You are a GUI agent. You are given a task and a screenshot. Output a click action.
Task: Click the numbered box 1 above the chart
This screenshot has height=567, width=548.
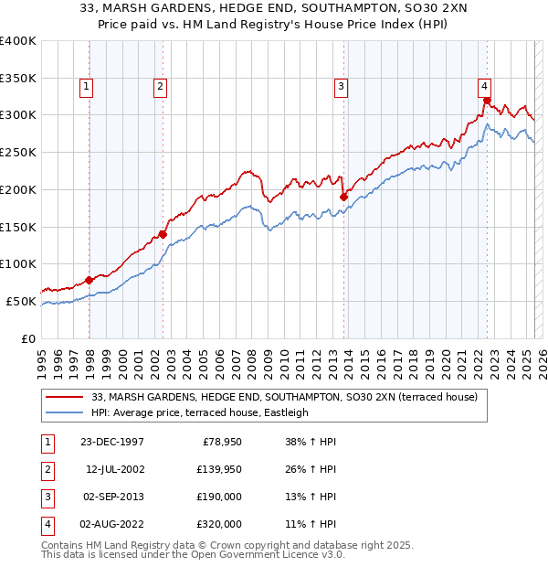tap(86, 87)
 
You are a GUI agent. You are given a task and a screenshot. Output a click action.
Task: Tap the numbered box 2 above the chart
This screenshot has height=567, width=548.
tap(160, 87)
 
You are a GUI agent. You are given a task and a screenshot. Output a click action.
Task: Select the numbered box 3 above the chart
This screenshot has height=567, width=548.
tap(340, 87)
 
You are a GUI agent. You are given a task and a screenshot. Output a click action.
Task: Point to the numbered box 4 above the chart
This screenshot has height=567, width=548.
tap(484, 87)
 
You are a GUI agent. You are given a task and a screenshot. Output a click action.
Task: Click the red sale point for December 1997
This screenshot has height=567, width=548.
tap(90, 280)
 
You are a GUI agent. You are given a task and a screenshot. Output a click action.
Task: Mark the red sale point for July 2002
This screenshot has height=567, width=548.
tap(163, 234)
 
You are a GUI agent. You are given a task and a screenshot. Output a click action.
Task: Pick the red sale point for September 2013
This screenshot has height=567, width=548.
tap(343, 197)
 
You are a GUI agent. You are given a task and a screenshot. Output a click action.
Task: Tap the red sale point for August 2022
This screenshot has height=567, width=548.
tap(487, 101)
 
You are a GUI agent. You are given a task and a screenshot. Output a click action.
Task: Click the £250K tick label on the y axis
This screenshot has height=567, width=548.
tap(18, 152)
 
